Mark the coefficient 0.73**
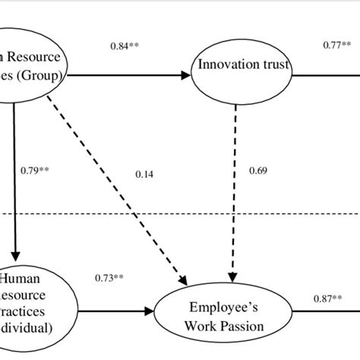(109, 279)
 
